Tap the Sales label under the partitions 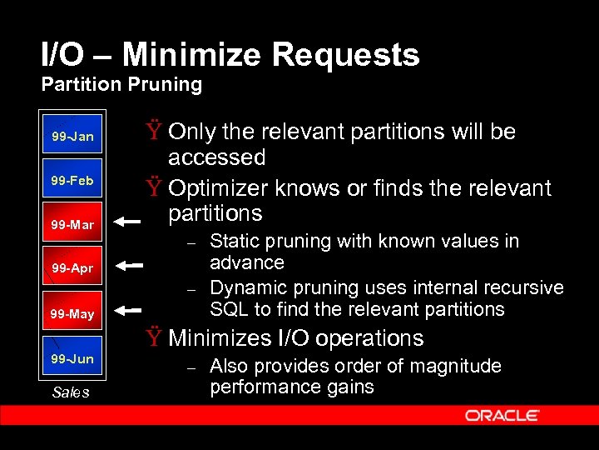[70, 392]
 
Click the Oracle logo [502, 415]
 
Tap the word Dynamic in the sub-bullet [244, 287]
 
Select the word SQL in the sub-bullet [227, 309]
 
